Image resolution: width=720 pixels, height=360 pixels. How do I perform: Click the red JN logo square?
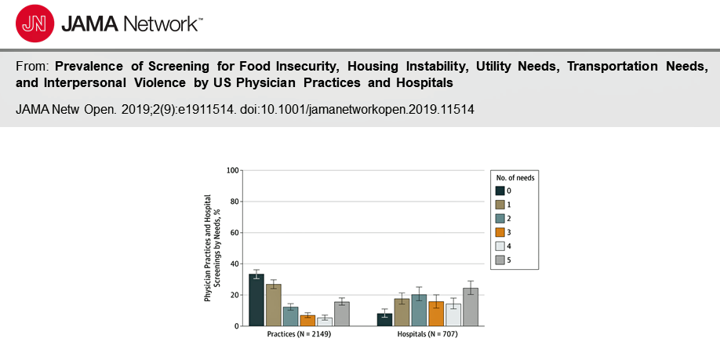33,24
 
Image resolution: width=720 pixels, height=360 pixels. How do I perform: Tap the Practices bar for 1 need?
273,305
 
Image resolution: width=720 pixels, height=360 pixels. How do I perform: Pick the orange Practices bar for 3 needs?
307,321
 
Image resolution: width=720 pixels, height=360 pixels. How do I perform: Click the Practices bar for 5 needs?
342,314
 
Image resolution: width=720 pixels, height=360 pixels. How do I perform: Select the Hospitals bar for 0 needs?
384,319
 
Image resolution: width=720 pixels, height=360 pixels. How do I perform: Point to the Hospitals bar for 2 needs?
419,311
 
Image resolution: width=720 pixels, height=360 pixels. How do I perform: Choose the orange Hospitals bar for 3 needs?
436,314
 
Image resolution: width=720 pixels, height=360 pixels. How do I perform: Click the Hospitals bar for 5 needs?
470,307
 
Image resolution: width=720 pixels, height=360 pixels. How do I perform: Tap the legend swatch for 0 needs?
500,191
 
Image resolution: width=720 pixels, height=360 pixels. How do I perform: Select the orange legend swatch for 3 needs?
500,232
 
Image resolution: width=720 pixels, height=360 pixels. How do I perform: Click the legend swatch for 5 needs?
500,260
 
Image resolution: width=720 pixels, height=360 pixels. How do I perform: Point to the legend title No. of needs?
515,177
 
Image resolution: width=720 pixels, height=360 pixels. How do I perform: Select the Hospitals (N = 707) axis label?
427,334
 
